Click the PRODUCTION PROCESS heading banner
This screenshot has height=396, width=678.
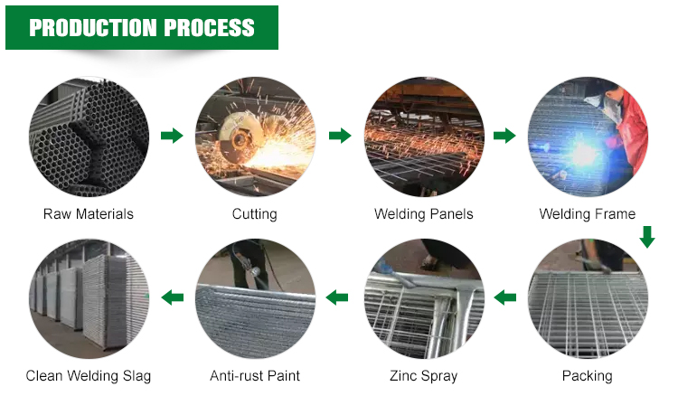[x=142, y=28]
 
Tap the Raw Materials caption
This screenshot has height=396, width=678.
[x=89, y=214]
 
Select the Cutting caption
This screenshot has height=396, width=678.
[x=254, y=214]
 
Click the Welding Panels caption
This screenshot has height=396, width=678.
[x=424, y=214]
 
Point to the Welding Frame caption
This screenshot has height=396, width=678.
[x=588, y=214]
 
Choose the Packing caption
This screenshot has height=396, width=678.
[x=588, y=376]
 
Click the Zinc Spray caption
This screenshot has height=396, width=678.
[x=424, y=376]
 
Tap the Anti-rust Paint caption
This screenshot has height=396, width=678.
[x=255, y=376]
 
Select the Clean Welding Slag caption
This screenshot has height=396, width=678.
[x=89, y=376]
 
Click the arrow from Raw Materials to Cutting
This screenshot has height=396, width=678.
[x=172, y=136]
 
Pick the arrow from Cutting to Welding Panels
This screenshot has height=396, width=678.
[x=340, y=136]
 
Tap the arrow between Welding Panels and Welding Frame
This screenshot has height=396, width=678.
[x=504, y=136]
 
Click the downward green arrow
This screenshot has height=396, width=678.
[x=647, y=237]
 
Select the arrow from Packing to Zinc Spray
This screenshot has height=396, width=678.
[x=504, y=297]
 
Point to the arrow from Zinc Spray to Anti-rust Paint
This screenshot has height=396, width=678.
[x=337, y=297]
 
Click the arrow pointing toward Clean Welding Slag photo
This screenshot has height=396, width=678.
[x=172, y=297]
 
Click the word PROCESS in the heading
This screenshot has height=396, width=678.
[x=210, y=28]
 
